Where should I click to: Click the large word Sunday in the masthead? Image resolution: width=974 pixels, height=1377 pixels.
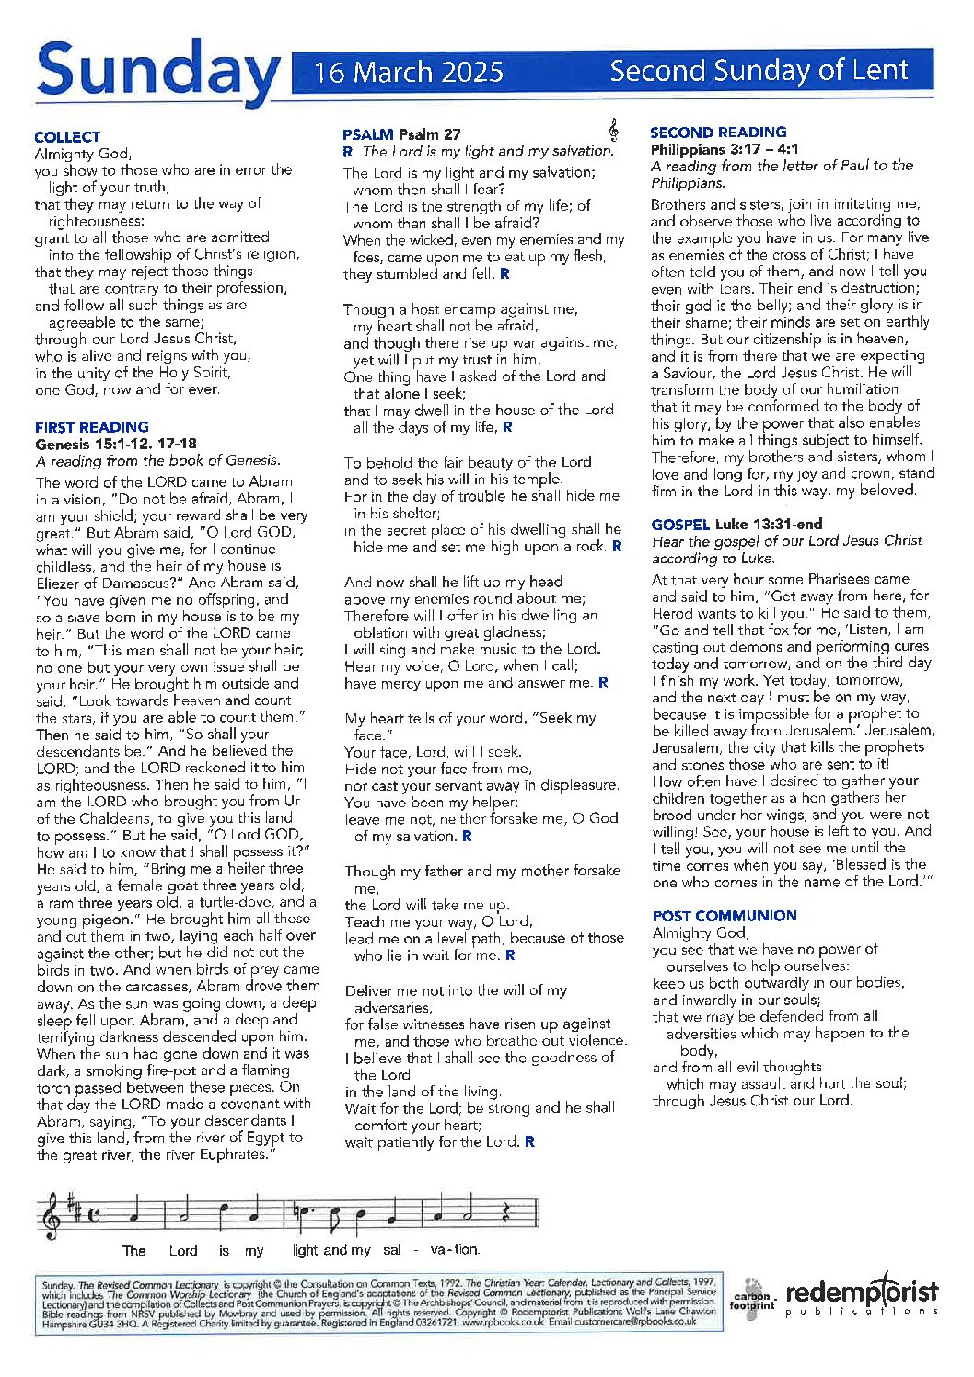[157, 72]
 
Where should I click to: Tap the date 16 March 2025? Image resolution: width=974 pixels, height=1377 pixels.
[409, 72]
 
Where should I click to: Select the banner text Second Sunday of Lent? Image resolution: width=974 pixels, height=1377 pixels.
[759, 70]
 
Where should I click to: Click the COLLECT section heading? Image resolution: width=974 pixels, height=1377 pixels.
[67, 136]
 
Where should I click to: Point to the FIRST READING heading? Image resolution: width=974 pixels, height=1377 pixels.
[91, 426]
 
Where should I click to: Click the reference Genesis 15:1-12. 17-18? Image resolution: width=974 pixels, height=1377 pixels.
[115, 444]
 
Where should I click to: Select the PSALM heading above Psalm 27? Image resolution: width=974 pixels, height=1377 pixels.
[367, 134]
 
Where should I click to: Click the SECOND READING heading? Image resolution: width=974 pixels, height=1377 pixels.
[718, 132]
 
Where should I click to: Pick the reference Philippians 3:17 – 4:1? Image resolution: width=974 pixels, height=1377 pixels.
[724, 149]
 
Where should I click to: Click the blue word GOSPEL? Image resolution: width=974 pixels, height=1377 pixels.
[679, 524]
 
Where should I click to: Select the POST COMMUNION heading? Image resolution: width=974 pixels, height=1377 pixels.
[724, 915]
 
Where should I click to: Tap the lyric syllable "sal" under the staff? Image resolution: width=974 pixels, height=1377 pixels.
[392, 1250]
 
